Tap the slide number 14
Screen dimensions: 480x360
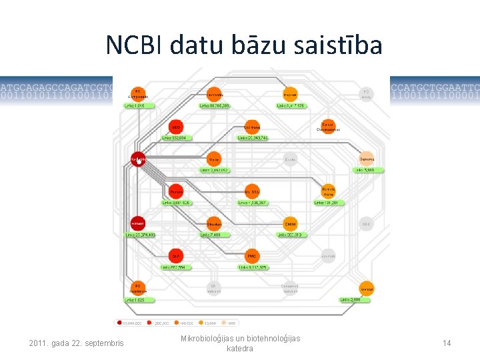pyautogui.click(x=447, y=343)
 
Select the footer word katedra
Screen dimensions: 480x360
pyautogui.click(x=240, y=349)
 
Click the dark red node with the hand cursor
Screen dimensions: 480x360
pyautogui.click(x=138, y=160)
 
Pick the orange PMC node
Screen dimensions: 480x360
pyautogui.click(x=252, y=257)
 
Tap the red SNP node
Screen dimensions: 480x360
pyautogui.click(x=176, y=257)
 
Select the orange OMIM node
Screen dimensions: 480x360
pyautogui.click(x=290, y=224)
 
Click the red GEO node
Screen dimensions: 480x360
pyautogui.click(x=176, y=127)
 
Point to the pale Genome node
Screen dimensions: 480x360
pyautogui.click(x=366, y=159)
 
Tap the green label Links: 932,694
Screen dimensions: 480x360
pyautogui.click(x=176, y=138)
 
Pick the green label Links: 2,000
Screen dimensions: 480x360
pyautogui.click(x=352, y=300)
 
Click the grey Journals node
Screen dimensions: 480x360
pyautogui.click(x=328, y=256)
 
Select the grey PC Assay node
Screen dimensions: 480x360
pyautogui.click(x=365, y=94)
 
